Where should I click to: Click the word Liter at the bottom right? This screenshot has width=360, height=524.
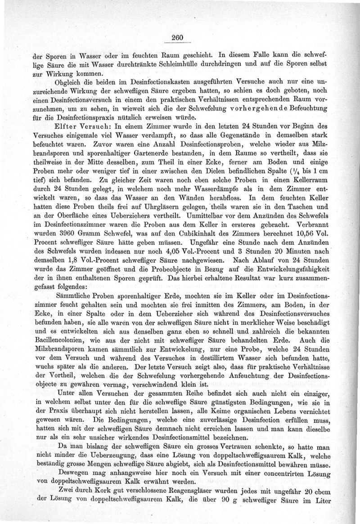coord(323,503)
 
